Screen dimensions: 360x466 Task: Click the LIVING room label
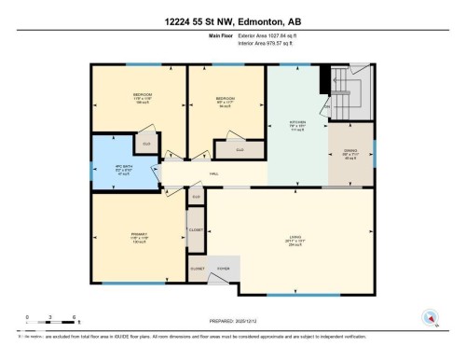pyautogui.click(x=294, y=237)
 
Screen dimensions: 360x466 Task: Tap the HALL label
pyautogui.click(x=213, y=173)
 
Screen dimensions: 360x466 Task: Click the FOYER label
pyautogui.click(x=224, y=269)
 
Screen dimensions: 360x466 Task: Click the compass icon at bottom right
pyautogui.click(x=431, y=316)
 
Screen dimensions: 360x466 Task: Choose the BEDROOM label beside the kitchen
pyautogui.click(x=226, y=99)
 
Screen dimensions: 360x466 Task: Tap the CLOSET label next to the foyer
pyautogui.click(x=197, y=269)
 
